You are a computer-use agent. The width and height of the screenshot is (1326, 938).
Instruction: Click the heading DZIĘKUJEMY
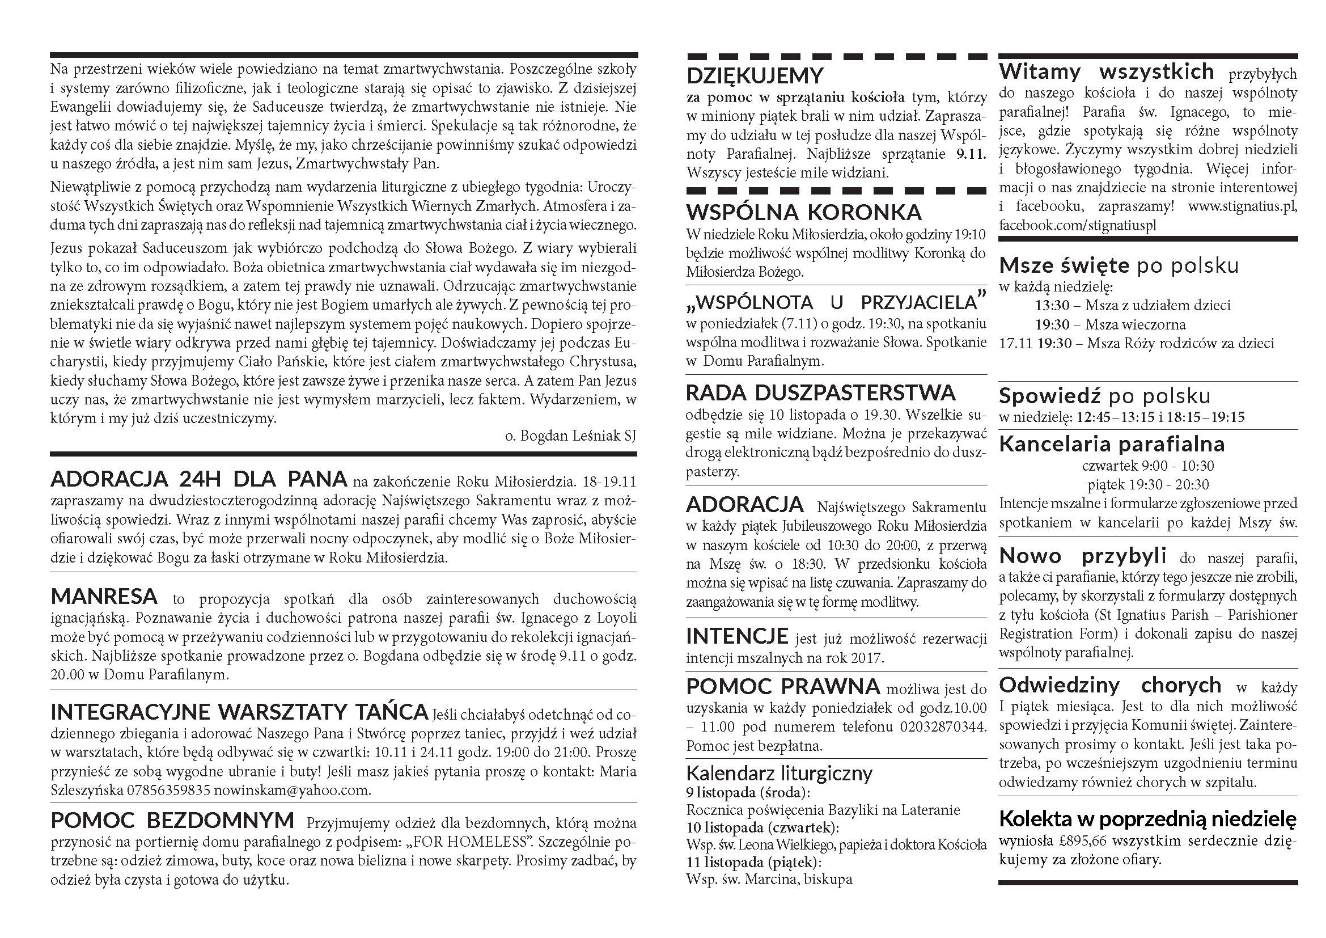755,75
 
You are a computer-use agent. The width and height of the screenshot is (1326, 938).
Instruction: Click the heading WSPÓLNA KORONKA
803,212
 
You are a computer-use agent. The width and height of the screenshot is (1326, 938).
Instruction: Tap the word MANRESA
104,595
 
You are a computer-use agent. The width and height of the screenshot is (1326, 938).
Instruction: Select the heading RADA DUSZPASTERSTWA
820,393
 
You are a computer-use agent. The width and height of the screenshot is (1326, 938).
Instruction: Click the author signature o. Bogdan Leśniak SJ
570,436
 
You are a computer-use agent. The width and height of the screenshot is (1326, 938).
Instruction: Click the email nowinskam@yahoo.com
292,790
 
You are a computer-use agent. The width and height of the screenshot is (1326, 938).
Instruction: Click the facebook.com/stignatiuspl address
1078,225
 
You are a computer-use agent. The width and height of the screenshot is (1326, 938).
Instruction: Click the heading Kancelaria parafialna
1112,443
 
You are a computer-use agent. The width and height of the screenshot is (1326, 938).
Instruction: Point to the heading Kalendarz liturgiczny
779,773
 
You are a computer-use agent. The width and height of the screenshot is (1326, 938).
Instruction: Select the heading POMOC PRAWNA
782,687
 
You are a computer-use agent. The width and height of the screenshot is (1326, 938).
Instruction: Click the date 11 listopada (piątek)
753,863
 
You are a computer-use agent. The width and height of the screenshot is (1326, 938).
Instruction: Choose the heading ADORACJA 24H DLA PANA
198,479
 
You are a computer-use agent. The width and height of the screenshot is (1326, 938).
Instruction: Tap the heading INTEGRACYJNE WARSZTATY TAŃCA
239,711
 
